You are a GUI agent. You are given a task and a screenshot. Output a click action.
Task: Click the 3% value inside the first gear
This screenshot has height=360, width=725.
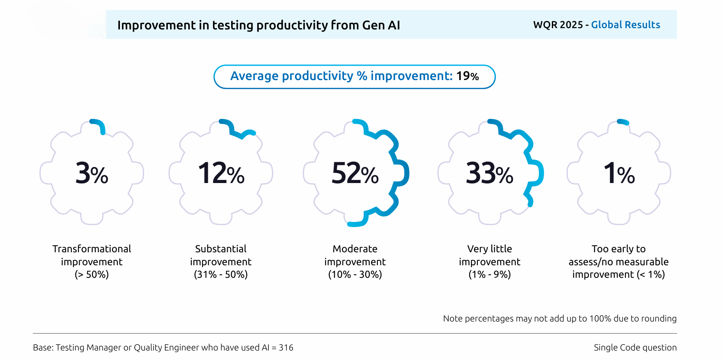click(x=92, y=174)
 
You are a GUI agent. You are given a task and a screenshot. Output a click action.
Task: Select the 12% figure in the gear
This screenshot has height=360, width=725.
click(x=221, y=174)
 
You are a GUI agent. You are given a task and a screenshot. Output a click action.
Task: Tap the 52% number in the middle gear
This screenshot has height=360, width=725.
click(x=355, y=174)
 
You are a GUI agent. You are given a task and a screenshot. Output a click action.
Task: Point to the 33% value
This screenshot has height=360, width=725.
click(x=490, y=174)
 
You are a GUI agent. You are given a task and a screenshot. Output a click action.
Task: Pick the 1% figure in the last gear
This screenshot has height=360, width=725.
click(x=619, y=174)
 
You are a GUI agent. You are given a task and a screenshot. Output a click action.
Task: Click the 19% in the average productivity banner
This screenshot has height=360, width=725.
click(x=467, y=76)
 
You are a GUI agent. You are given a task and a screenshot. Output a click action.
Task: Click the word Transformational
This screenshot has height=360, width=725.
click(x=92, y=249)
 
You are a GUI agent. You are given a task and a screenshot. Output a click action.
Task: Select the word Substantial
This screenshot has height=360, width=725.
click(x=221, y=249)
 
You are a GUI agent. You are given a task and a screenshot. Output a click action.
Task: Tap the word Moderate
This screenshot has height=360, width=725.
click(x=355, y=249)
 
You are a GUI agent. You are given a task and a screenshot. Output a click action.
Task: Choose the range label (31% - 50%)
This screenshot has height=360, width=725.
click(x=221, y=274)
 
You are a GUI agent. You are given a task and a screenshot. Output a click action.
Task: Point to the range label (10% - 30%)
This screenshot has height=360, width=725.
click(x=355, y=274)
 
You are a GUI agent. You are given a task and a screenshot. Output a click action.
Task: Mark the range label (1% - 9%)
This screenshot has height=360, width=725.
click(x=490, y=274)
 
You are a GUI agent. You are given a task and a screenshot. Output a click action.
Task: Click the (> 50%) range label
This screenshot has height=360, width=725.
click(x=92, y=274)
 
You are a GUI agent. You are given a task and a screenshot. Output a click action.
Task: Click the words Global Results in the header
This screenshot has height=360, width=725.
click(x=625, y=25)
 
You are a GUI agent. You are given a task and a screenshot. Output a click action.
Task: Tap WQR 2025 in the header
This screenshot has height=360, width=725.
click(x=558, y=25)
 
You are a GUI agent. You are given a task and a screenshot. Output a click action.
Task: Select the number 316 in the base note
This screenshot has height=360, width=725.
click(x=286, y=347)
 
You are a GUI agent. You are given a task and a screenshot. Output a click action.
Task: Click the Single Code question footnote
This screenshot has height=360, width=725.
click(x=635, y=347)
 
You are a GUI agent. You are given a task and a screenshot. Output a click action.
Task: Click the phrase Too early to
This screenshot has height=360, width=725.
click(x=619, y=249)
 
